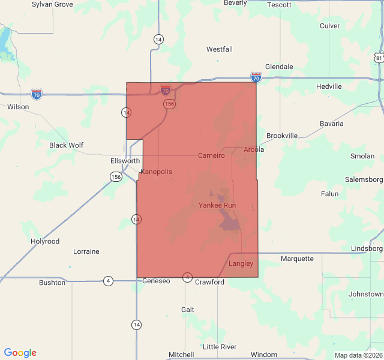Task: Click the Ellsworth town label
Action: (125, 161)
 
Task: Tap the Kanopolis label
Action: (156, 172)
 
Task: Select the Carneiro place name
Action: (211, 155)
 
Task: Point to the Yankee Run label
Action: (217, 205)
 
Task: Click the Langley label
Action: (241, 263)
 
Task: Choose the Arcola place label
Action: (254, 149)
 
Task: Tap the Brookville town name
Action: (282, 136)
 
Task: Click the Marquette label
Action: (297, 259)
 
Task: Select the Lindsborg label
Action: (367, 248)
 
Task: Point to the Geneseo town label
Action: (157, 281)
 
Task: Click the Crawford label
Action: (209, 282)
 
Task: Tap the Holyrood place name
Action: (45, 241)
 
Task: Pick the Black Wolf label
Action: (66, 145)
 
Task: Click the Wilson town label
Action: (18, 107)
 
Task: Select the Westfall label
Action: (220, 49)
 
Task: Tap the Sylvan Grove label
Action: (52, 4)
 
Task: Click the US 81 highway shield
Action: (377, 57)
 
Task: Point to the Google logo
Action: (20, 353)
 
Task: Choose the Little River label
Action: (220, 347)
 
